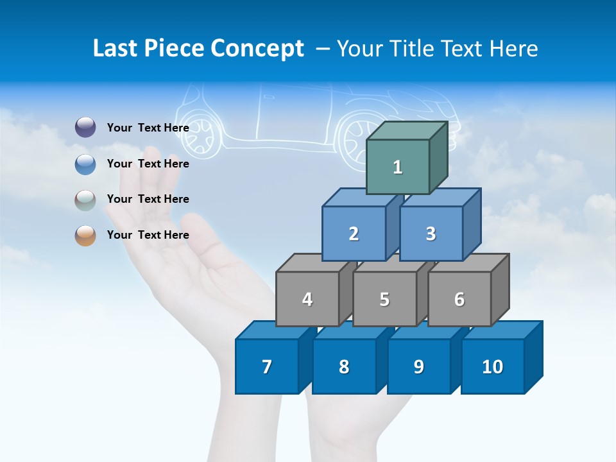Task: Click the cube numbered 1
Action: point(398,167)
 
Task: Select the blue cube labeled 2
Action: point(354,234)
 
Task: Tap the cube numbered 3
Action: point(431,234)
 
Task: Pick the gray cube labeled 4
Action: point(307,299)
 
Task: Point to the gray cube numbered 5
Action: point(384,299)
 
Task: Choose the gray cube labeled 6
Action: point(459,299)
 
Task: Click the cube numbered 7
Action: point(267,366)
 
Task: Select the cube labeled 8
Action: point(344,366)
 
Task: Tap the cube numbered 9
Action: point(418,366)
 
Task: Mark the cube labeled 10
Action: point(492,366)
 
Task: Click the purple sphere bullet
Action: point(85,128)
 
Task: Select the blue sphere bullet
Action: point(85,164)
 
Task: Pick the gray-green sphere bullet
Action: point(85,200)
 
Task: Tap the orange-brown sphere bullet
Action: point(85,235)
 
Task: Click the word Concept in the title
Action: point(257,49)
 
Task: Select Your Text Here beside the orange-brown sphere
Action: point(148,235)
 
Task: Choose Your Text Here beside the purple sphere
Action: point(148,128)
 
